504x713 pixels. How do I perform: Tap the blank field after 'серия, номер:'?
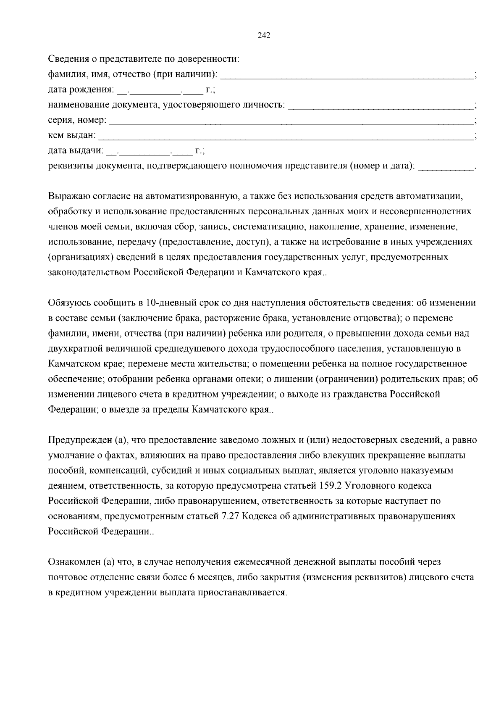[x=290, y=121]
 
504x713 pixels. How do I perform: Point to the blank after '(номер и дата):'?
[x=446, y=166]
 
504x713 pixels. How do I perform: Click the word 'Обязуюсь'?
[x=68, y=303]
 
